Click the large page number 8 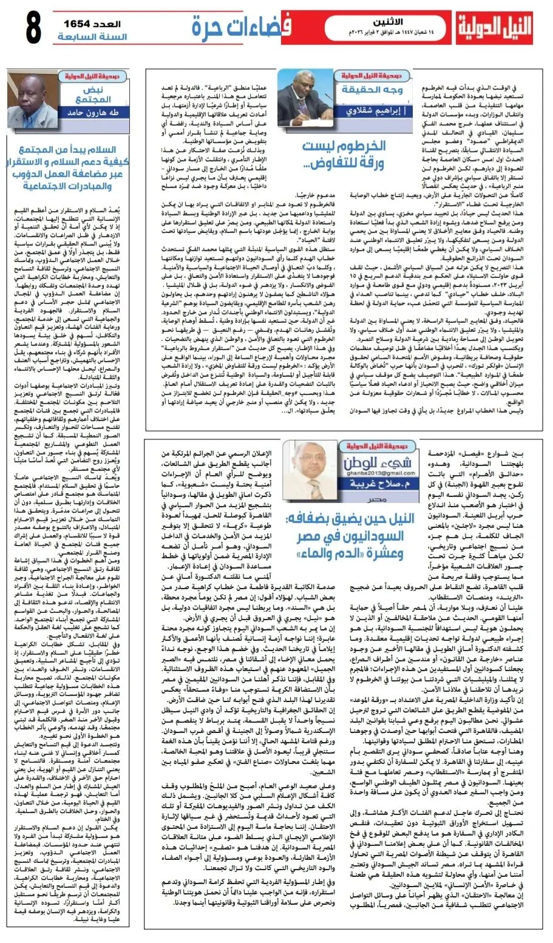pyautogui.click(x=33, y=28)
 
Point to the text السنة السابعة pyautogui.click(x=92, y=37)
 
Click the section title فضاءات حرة pyautogui.click(x=241, y=25)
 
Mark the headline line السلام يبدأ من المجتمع pyautogui.click(x=67, y=150)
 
